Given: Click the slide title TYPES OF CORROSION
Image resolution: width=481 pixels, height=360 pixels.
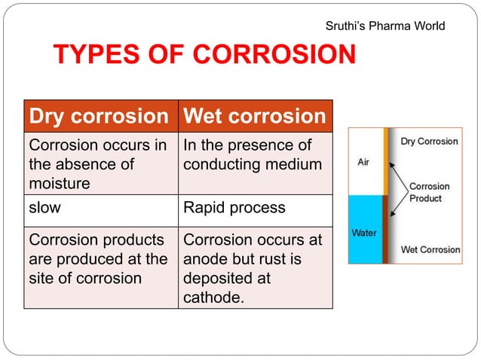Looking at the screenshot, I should tap(204, 55).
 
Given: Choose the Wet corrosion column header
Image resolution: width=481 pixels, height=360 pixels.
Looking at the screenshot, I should tap(255, 117).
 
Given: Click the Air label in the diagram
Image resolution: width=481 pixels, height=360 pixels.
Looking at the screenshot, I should tap(363, 163).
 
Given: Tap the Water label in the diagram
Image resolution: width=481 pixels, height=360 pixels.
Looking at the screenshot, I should tap(365, 233).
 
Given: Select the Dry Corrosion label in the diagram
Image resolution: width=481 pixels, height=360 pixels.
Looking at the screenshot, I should tap(429, 141).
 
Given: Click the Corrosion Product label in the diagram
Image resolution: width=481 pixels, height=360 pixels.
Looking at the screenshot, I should tap(429, 192).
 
